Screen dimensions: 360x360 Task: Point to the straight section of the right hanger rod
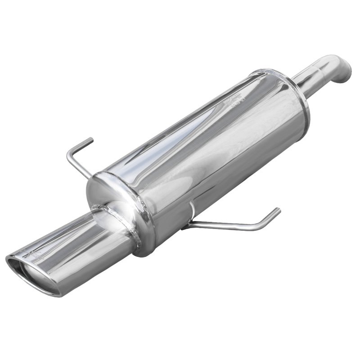(225, 225)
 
